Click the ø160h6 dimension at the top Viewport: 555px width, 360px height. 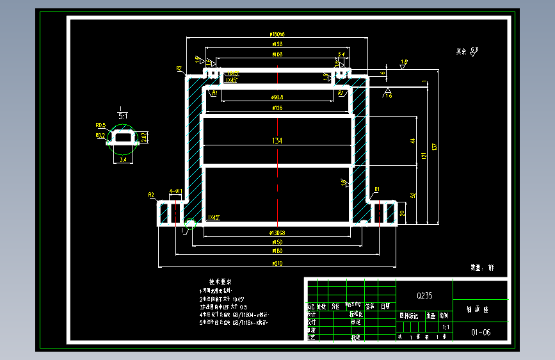(x=278, y=34)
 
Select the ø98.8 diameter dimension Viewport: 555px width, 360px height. (x=278, y=97)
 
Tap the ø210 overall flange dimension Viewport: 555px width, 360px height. (x=277, y=263)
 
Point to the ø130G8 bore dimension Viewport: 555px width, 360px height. (x=278, y=233)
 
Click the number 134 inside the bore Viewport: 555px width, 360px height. (x=277, y=141)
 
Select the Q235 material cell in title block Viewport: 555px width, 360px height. (x=424, y=295)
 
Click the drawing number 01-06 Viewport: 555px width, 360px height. (x=481, y=332)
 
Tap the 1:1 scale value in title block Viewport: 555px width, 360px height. (x=446, y=327)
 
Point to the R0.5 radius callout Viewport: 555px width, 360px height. (x=100, y=126)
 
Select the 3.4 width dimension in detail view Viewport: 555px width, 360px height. (x=123, y=160)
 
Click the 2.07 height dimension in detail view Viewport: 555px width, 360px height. (x=144, y=137)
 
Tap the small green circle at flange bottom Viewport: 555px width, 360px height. (x=190, y=224)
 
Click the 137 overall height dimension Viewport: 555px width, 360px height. (x=435, y=147)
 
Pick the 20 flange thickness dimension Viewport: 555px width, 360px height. (x=402, y=213)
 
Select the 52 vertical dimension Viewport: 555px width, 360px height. (x=413, y=195)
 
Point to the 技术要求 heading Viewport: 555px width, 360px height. (x=220, y=282)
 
